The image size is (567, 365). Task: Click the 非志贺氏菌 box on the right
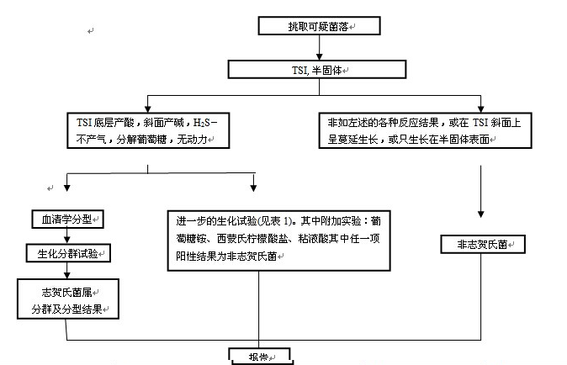coord(482,244)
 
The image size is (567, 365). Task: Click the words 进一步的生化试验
coord(214,220)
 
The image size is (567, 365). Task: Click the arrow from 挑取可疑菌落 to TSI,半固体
coord(319,48)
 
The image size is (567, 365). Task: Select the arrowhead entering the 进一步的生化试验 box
coord(255,190)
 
